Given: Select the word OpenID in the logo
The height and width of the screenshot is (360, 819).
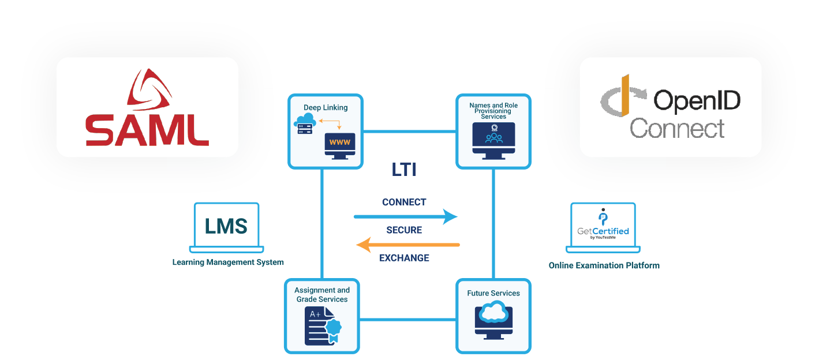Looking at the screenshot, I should (x=697, y=101).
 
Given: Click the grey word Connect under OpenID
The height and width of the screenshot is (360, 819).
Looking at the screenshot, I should (x=677, y=128).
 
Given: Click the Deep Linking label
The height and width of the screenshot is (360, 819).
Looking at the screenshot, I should (x=326, y=107).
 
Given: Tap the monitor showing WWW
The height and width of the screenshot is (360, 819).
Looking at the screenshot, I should (x=340, y=144).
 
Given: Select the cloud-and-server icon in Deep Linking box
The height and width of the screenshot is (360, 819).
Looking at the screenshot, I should (x=305, y=124).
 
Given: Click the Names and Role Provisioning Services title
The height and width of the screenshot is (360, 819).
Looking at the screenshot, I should (x=493, y=111).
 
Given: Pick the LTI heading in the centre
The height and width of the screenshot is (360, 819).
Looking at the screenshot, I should (x=403, y=170).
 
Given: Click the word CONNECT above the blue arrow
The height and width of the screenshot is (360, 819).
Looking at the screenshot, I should (x=404, y=202).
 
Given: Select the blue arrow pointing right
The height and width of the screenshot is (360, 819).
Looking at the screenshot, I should (x=405, y=217).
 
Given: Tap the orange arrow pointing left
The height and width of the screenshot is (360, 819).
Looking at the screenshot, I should (x=407, y=245).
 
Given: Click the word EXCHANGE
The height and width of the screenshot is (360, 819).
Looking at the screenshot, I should (x=404, y=258).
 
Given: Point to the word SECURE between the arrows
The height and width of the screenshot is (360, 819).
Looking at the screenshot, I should (x=404, y=230).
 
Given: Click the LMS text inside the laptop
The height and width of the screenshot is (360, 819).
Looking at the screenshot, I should (x=226, y=226).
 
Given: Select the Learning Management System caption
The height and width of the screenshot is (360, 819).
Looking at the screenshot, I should (x=228, y=262).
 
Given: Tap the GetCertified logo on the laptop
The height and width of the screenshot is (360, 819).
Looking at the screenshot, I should (x=603, y=226).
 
